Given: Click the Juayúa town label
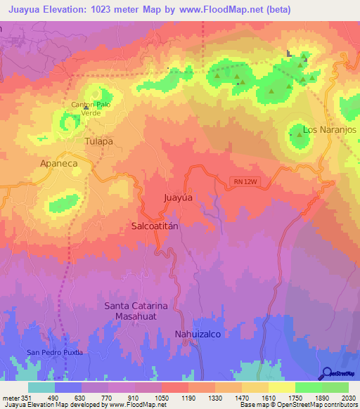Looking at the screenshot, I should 179,197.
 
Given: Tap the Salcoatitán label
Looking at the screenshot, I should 156,226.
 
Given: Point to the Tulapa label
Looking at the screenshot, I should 98,141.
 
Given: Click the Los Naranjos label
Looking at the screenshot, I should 330,130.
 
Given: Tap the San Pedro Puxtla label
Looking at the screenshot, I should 55,351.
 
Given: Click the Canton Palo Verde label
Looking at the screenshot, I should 91,108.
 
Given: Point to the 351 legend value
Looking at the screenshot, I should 27,398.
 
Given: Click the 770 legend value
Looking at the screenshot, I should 108,398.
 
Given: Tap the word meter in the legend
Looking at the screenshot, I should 9,398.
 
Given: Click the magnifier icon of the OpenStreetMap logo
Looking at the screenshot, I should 326,372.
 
